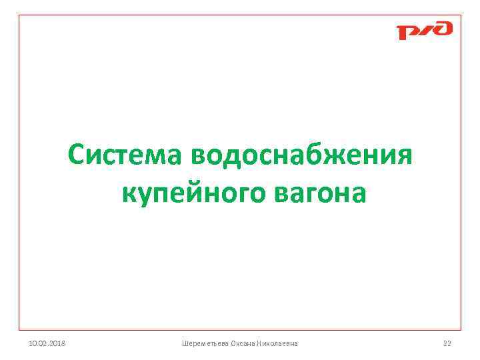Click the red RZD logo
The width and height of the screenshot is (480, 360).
pos(424,31)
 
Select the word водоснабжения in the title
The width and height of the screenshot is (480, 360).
pos(302,155)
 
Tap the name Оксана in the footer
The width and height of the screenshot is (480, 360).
pos(243,343)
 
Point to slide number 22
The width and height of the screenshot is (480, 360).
pos(447,343)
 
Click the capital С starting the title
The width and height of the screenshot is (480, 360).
pos(76,155)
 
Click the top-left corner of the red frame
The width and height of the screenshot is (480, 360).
pos(19,15)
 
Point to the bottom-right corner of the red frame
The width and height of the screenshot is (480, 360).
pos(461,330)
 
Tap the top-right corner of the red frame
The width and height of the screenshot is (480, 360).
pos(461,15)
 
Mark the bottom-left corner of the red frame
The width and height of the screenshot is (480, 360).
pos(19,330)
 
